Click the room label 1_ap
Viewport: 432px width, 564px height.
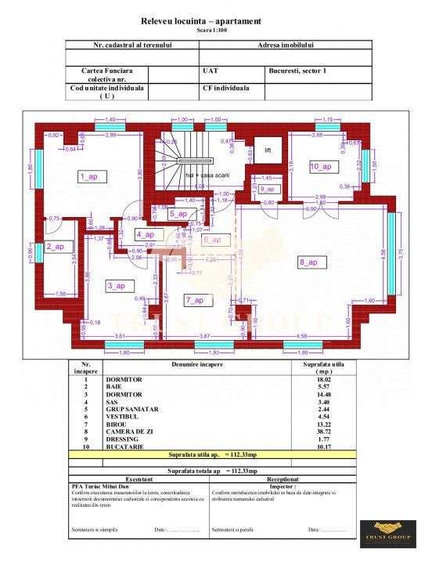coord(88,177)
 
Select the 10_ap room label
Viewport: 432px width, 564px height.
coord(321,167)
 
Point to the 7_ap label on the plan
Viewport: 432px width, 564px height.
coord(195,300)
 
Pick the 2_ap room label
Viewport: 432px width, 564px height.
coord(55,247)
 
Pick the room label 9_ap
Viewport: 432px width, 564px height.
coord(267,189)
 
